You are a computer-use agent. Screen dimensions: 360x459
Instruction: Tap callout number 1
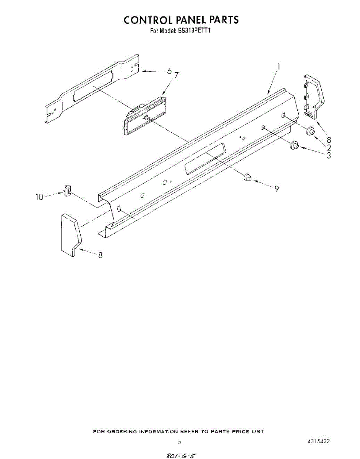279,67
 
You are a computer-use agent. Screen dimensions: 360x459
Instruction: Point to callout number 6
169,71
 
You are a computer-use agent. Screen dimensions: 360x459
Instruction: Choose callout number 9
276,188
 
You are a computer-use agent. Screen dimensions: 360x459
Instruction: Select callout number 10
40,197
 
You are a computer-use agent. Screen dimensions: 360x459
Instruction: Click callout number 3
328,155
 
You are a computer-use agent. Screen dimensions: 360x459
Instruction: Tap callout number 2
328,147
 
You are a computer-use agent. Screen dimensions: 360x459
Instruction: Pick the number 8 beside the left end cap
100,256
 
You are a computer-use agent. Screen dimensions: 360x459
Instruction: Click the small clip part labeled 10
68,190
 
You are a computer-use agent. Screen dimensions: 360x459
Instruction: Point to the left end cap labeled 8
70,234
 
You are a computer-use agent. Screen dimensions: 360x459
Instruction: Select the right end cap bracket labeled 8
313,96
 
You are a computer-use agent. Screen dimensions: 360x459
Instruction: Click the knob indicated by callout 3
295,145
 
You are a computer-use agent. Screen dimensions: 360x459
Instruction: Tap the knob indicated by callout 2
311,130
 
